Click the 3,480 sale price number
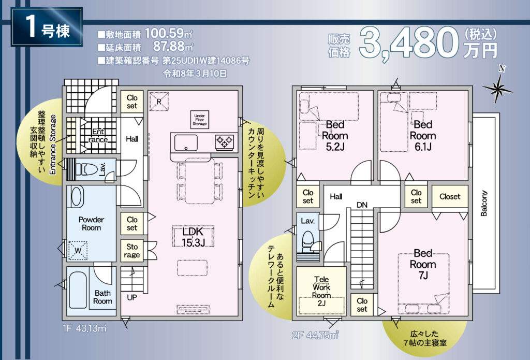pos(409,44)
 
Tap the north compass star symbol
pos(497,89)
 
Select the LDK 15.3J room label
pos(193,237)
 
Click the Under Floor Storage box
pos(199,120)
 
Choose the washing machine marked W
pos(78,251)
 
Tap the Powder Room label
pos(91,224)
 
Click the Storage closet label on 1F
pos(132,251)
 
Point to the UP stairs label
pos(132,297)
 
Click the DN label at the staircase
pos(362,205)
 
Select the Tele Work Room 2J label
pos(321,291)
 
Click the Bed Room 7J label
pos(423,264)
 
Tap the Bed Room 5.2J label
pos(335,136)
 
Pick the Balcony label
pos(484,203)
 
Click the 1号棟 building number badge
pos(47,27)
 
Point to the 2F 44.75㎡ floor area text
pos(315,335)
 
